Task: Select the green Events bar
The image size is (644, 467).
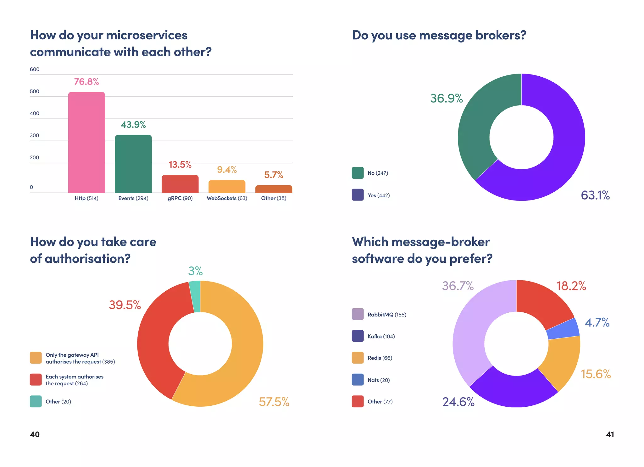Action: click(133, 164)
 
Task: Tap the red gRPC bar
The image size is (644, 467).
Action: click(180, 184)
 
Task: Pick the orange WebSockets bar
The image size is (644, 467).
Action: click(227, 186)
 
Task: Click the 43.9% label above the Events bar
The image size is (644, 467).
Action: click(133, 125)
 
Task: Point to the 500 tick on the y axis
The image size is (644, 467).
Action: click(35, 91)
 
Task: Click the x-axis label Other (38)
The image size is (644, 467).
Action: click(274, 198)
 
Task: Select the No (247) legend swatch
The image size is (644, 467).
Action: click(358, 173)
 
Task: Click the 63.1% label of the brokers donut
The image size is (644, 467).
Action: click(595, 195)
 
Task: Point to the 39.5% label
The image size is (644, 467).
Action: click(125, 305)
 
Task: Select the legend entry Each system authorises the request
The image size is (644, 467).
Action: click(75, 380)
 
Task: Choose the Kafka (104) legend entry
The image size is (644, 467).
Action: click(381, 336)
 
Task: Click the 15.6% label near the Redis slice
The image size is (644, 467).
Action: click(596, 374)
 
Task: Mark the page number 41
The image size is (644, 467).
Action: click(610, 434)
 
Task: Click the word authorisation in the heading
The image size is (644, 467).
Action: click(87, 259)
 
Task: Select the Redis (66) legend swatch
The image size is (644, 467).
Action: click(358, 358)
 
